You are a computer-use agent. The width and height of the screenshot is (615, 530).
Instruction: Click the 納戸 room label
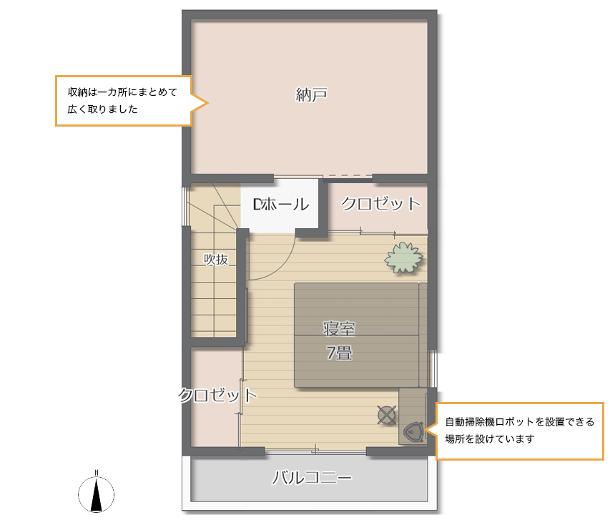(x=311, y=94)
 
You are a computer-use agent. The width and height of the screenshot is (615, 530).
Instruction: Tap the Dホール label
(x=281, y=205)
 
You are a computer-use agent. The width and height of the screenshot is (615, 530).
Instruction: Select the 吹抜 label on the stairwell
(x=216, y=260)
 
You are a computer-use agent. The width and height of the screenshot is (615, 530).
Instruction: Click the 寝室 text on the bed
(x=339, y=329)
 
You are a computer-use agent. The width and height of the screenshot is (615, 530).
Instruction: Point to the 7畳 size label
(x=339, y=353)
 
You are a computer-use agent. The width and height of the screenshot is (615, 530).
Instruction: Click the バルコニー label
(x=313, y=478)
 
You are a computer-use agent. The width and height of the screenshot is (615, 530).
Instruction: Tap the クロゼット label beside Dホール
(x=381, y=204)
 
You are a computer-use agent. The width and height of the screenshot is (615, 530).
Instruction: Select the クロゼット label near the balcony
(x=217, y=395)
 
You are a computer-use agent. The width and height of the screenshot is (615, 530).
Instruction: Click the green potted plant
(x=403, y=257)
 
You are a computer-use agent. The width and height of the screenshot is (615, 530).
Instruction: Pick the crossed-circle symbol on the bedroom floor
(x=387, y=415)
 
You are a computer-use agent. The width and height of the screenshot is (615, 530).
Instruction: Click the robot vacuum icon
(x=413, y=431)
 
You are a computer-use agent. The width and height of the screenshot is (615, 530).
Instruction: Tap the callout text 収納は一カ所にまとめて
(x=123, y=92)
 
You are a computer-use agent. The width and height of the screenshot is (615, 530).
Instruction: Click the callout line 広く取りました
(x=103, y=109)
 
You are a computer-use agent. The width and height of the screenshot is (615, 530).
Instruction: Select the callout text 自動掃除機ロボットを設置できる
(x=520, y=422)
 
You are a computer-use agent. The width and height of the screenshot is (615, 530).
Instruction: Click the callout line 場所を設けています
(x=490, y=439)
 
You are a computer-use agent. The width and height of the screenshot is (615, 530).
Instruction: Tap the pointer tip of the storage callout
(x=208, y=104)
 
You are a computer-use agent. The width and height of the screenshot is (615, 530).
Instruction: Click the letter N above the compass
(x=97, y=473)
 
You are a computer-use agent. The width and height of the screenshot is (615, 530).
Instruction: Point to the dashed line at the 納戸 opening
(x=350, y=175)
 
